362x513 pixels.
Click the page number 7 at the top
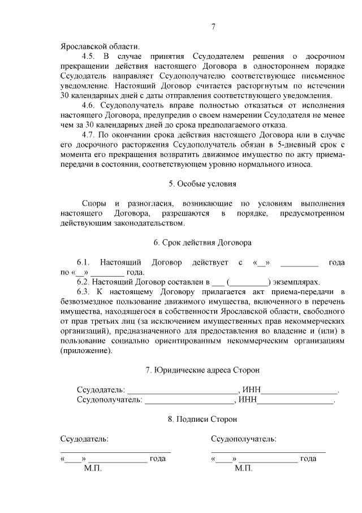pyautogui.click(x=213, y=27)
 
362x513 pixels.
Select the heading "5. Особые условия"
pyautogui.click(x=202, y=184)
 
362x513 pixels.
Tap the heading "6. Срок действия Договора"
pyautogui.click(x=202, y=243)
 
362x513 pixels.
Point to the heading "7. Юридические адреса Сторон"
pyautogui.click(x=202, y=370)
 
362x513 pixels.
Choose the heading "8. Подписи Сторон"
pyautogui.click(x=202, y=419)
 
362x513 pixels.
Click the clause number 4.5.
pyautogui.click(x=90, y=57)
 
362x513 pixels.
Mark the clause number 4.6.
pyautogui.click(x=90, y=105)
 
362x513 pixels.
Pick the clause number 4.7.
pyautogui.click(x=90, y=135)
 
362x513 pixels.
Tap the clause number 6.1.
pyautogui.click(x=84, y=262)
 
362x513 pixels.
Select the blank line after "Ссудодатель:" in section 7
pyautogui.click(x=182, y=391)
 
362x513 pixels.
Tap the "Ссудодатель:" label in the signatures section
pyautogui.click(x=84, y=439)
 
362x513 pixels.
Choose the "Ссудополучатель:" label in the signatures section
pyautogui.click(x=244, y=439)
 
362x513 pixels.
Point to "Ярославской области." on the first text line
pyautogui.click(x=98, y=47)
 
